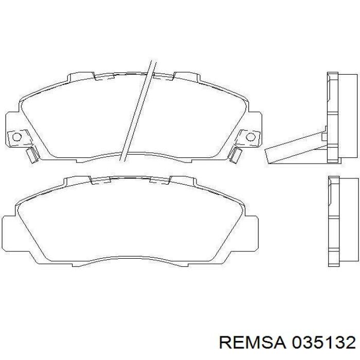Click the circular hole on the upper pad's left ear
tap(16, 136)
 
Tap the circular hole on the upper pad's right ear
tap(251, 136)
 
